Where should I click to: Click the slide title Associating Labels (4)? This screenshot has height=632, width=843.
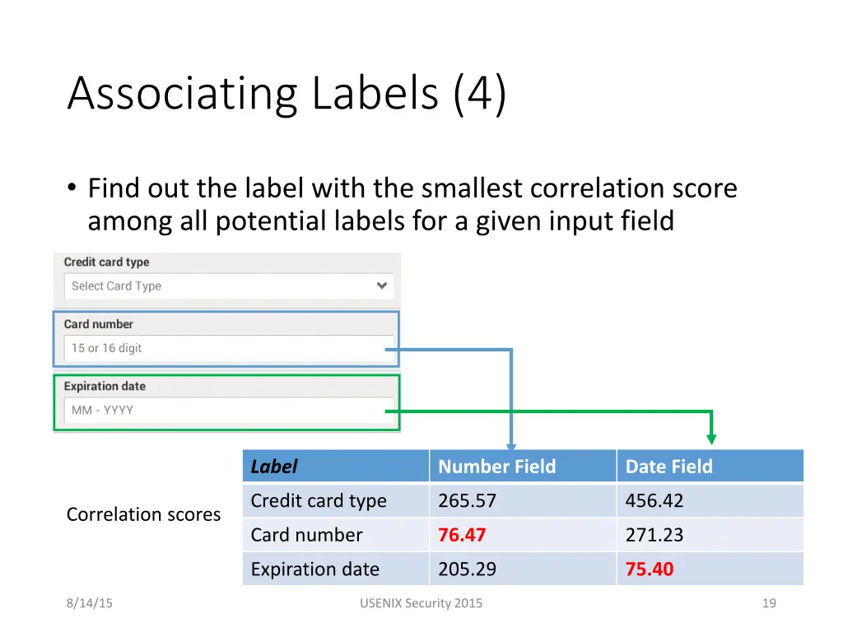pyautogui.click(x=286, y=94)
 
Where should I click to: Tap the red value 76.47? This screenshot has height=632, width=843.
pyautogui.click(x=462, y=535)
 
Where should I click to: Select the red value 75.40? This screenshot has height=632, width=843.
pyautogui.click(x=649, y=569)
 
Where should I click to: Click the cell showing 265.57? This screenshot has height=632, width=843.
pyautogui.click(x=467, y=500)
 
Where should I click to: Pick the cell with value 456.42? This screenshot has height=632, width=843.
pyautogui.click(x=654, y=500)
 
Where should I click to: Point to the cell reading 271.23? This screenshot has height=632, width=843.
pyautogui.click(x=654, y=535)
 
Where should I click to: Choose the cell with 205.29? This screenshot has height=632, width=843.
pyautogui.click(x=467, y=569)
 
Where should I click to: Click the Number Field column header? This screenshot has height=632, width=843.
pyautogui.click(x=496, y=467)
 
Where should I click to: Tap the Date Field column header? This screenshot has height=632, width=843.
pyautogui.click(x=668, y=467)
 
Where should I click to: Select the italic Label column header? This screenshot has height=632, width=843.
pyautogui.click(x=273, y=467)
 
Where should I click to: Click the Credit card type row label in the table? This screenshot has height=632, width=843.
pyautogui.click(x=318, y=500)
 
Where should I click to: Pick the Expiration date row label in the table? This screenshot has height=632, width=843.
pyautogui.click(x=314, y=569)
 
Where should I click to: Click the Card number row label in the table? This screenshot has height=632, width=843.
pyautogui.click(x=306, y=535)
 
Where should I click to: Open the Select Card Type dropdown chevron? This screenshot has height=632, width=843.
pyautogui.click(x=382, y=286)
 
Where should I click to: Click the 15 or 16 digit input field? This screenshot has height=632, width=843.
pyautogui.click(x=227, y=348)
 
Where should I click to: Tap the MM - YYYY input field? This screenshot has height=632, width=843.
pyautogui.click(x=227, y=410)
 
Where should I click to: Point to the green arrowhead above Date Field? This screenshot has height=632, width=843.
pyautogui.click(x=711, y=439)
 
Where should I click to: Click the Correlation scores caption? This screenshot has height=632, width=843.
pyautogui.click(x=143, y=514)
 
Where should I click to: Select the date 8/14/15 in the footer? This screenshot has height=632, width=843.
pyautogui.click(x=90, y=603)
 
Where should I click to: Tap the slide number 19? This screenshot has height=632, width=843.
pyautogui.click(x=769, y=603)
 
